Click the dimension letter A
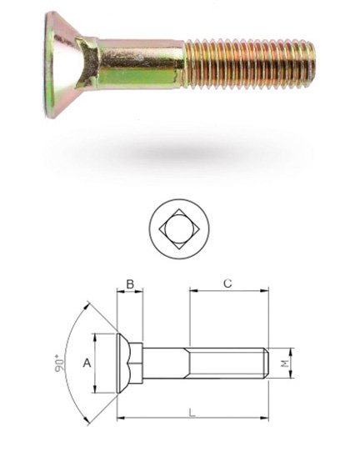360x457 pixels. coord(87,363)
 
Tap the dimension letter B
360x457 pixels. coord(130,284)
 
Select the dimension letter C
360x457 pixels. coord(227,284)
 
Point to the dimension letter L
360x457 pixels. coord(192,413)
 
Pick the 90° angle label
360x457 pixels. coord(59,363)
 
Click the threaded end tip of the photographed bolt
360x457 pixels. coord(312,61)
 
